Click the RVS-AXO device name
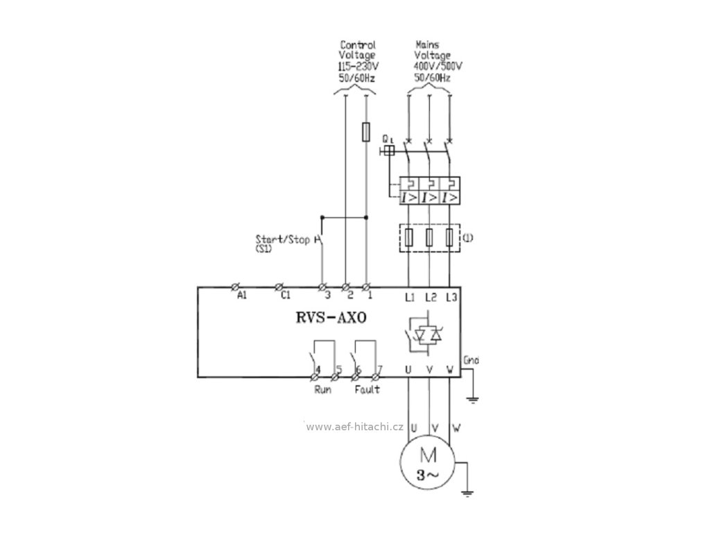(x=331, y=317)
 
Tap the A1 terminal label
(x=242, y=296)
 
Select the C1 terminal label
(x=285, y=296)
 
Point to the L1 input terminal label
(x=410, y=297)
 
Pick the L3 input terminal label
(x=451, y=297)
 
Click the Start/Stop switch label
(x=283, y=239)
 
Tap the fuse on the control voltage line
(x=366, y=132)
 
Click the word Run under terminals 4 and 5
(x=322, y=389)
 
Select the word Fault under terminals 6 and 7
(x=367, y=389)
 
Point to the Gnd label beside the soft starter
(x=471, y=361)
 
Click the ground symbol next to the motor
(x=468, y=493)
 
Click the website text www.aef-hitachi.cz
(x=354, y=427)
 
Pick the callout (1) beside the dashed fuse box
(x=467, y=237)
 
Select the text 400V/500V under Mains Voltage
(x=438, y=67)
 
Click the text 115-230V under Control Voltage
(x=359, y=67)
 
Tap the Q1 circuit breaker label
(x=388, y=138)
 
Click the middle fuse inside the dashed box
(x=429, y=237)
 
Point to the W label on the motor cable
(x=456, y=428)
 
